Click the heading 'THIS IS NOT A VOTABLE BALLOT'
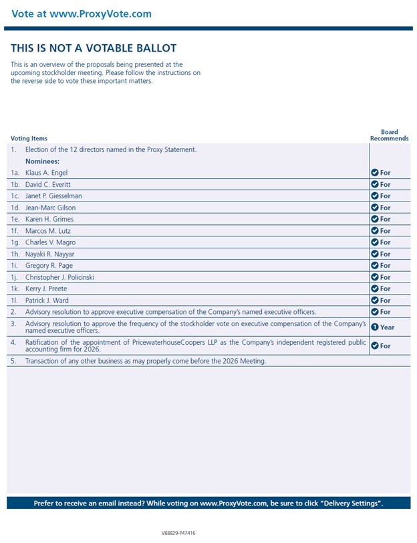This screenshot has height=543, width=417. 94,48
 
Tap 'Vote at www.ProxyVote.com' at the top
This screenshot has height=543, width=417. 82,13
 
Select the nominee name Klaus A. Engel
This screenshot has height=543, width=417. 46,173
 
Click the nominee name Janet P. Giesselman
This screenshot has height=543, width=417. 54,196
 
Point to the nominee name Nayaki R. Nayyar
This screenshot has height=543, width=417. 50,254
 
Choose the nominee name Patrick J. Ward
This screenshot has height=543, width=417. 47,301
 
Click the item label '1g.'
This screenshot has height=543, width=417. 15,242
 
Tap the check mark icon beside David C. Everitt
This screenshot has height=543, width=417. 375,184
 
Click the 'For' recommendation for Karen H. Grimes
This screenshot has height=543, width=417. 385,219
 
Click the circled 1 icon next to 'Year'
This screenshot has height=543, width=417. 375,327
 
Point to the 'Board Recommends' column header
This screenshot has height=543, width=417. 389,135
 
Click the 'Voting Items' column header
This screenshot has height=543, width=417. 29,139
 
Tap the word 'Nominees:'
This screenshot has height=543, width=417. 43,161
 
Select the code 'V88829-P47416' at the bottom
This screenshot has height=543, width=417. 178,534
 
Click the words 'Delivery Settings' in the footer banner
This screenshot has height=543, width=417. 350,503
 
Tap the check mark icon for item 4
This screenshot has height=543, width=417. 375,345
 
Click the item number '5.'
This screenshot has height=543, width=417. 13,361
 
